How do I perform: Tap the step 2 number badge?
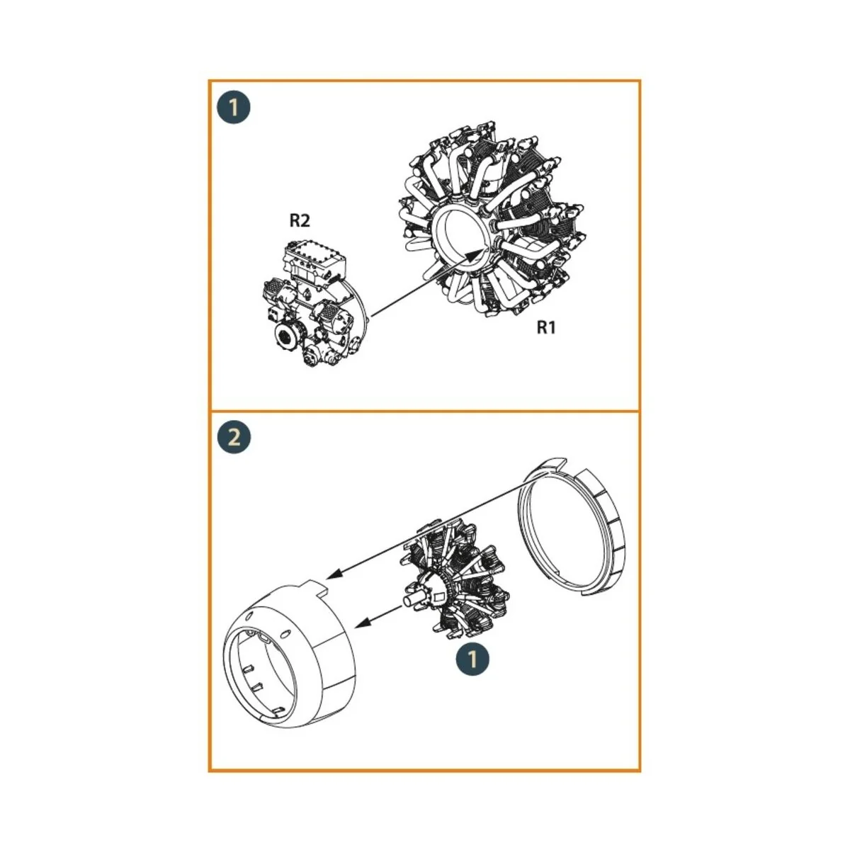coord(234,436)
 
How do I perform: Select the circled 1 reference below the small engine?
coord(472,659)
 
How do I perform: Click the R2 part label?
coord(300,221)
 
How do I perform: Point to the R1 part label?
coord(546,327)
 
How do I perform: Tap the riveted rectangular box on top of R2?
coord(312,259)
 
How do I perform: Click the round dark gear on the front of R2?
coord(289,336)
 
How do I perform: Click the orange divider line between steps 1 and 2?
coord(424,411)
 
